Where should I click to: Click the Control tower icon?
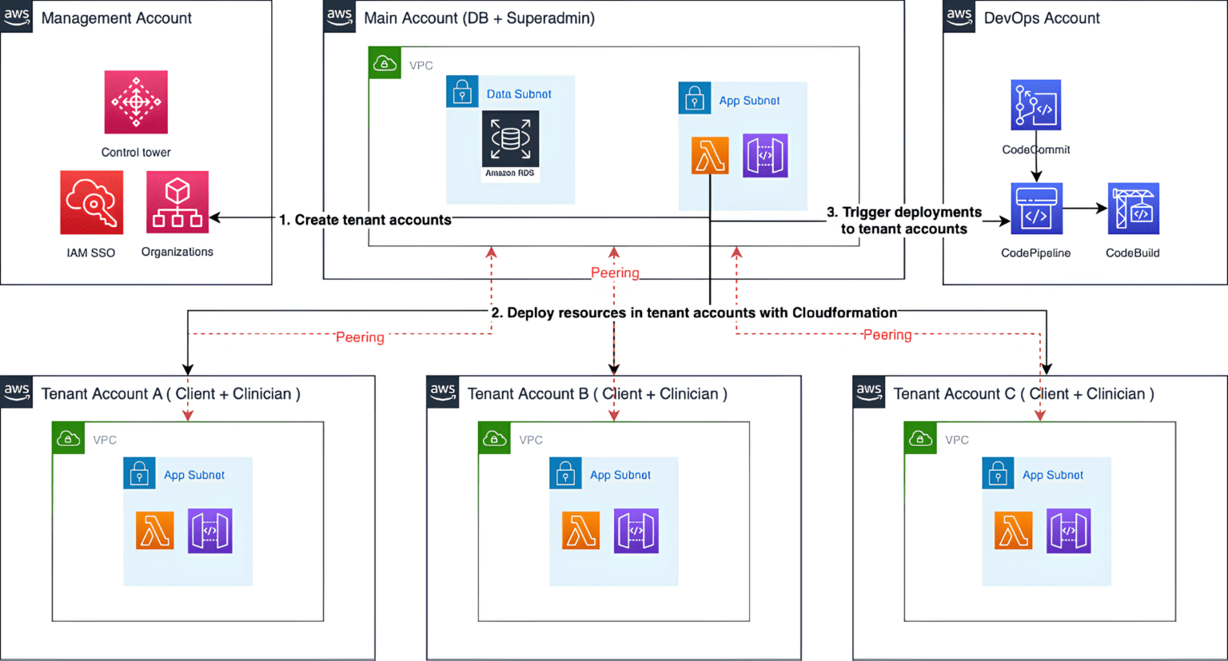pos(136,102)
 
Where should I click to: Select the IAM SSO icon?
pos(92,202)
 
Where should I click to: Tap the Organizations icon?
pos(177,202)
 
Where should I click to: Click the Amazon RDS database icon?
pos(510,140)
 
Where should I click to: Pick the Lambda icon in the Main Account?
pos(710,155)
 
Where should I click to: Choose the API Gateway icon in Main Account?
pos(765,155)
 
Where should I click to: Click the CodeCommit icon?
pos(1035,105)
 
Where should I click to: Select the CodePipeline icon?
pos(1036,209)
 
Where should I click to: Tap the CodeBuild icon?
pos(1133,209)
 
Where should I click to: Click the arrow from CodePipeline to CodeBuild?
pos(1085,209)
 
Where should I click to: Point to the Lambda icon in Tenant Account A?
pos(154,531)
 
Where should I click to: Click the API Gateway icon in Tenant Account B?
pos(636,531)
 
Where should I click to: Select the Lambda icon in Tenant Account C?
pos(1013,531)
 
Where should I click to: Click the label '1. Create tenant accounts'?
pos(365,220)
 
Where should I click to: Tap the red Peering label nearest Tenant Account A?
pos(360,337)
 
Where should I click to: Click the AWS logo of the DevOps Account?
pos(959,16)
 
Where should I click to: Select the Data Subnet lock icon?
pos(462,93)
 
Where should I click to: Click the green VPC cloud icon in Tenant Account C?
pos(920,439)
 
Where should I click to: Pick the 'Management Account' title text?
pos(117,18)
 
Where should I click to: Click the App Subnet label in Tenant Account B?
pos(620,475)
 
